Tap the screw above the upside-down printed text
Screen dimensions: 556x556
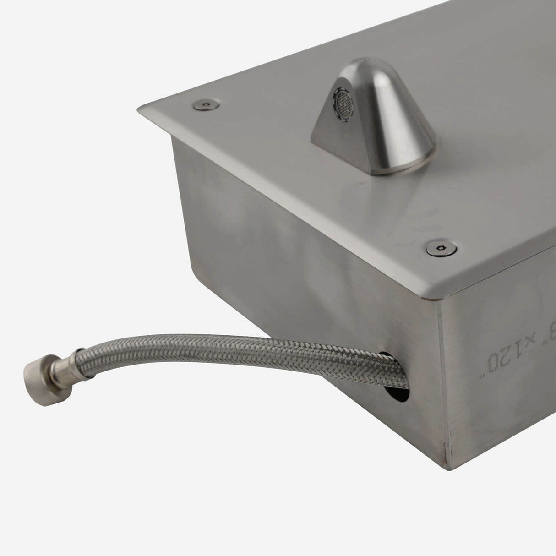436,249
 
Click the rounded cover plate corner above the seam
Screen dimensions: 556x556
433,298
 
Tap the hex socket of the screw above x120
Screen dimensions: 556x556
436,249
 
